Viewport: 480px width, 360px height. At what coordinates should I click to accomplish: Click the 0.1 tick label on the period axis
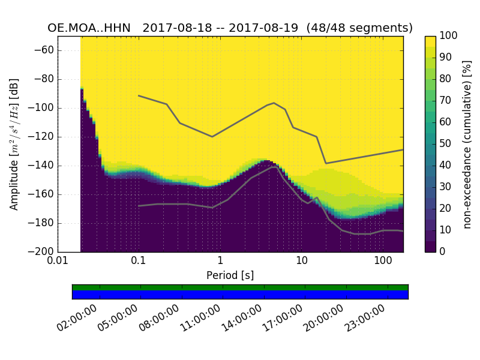(x=139, y=262)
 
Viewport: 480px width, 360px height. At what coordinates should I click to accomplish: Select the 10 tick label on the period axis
(x=302, y=262)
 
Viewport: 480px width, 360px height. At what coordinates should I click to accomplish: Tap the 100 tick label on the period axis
(x=383, y=262)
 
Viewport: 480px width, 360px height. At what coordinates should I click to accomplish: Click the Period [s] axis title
(x=230, y=275)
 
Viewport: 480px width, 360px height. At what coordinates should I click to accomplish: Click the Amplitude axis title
(x=14, y=144)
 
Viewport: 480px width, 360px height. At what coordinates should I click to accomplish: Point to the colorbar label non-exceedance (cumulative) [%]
(x=468, y=144)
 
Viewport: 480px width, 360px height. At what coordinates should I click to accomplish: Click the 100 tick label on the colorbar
(x=449, y=36)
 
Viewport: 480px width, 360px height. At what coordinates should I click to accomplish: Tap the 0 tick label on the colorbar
(x=443, y=252)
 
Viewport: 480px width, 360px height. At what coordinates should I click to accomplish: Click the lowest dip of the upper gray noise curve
(x=326, y=163)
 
